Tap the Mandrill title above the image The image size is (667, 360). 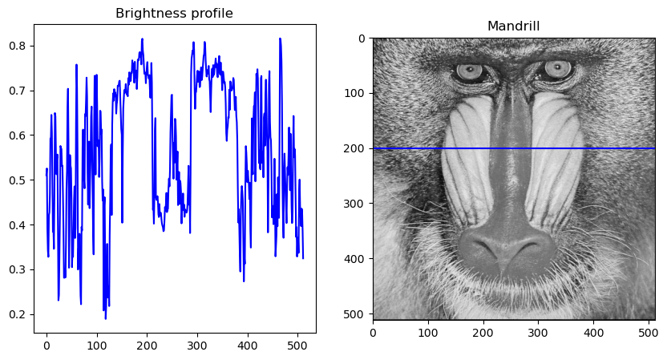[513, 26]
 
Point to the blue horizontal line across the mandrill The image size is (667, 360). [513, 148]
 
